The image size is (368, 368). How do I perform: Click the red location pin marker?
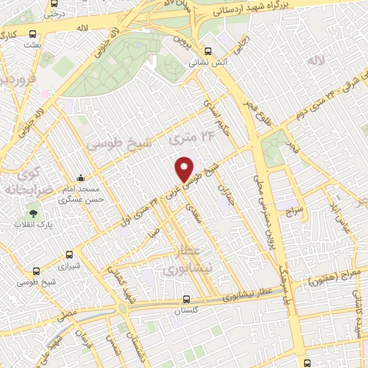point(185,169)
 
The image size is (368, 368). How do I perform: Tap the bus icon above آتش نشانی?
point(208,51)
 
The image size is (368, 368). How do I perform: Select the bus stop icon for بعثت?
point(33,34)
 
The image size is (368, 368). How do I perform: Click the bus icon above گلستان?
point(186,300)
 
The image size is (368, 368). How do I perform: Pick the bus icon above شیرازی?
point(69,254)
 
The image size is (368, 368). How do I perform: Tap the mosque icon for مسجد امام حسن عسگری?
point(80,178)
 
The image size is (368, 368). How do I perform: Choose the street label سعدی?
point(192,211)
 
